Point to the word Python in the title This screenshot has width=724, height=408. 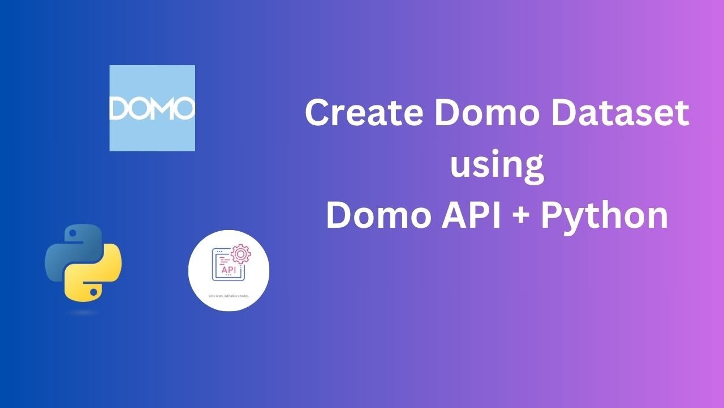[605, 216]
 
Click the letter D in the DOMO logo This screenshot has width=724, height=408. [119, 108]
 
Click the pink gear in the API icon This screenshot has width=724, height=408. [240, 254]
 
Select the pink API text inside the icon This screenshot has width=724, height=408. [229, 271]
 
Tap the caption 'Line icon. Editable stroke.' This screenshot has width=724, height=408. [229, 295]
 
